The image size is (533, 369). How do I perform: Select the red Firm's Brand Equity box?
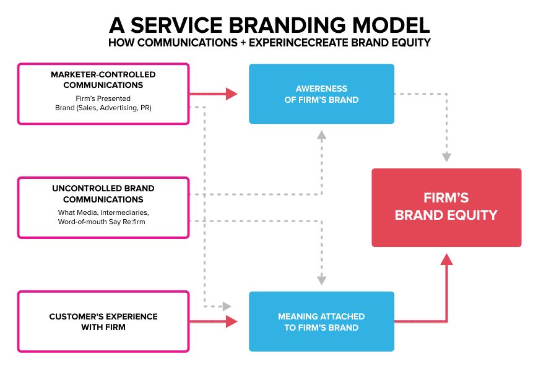coord(446,207)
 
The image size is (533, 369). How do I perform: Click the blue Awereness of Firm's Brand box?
coord(321,94)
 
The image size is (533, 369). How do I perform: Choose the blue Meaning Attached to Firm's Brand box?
coord(321,321)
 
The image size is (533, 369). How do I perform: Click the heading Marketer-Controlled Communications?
coord(103,80)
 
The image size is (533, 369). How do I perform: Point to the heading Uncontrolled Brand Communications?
coord(103,194)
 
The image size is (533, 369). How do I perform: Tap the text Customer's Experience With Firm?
coord(103,321)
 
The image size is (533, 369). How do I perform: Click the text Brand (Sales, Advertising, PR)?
coord(103,107)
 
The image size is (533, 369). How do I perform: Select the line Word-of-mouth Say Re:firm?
coord(103,222)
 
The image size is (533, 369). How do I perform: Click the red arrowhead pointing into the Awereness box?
coord(232,94)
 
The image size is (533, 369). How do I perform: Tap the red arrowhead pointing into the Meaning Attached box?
coord(232,321)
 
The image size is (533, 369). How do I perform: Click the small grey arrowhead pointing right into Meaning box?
coord(227,306)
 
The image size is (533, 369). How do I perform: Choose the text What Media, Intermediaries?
coord(103,213)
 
